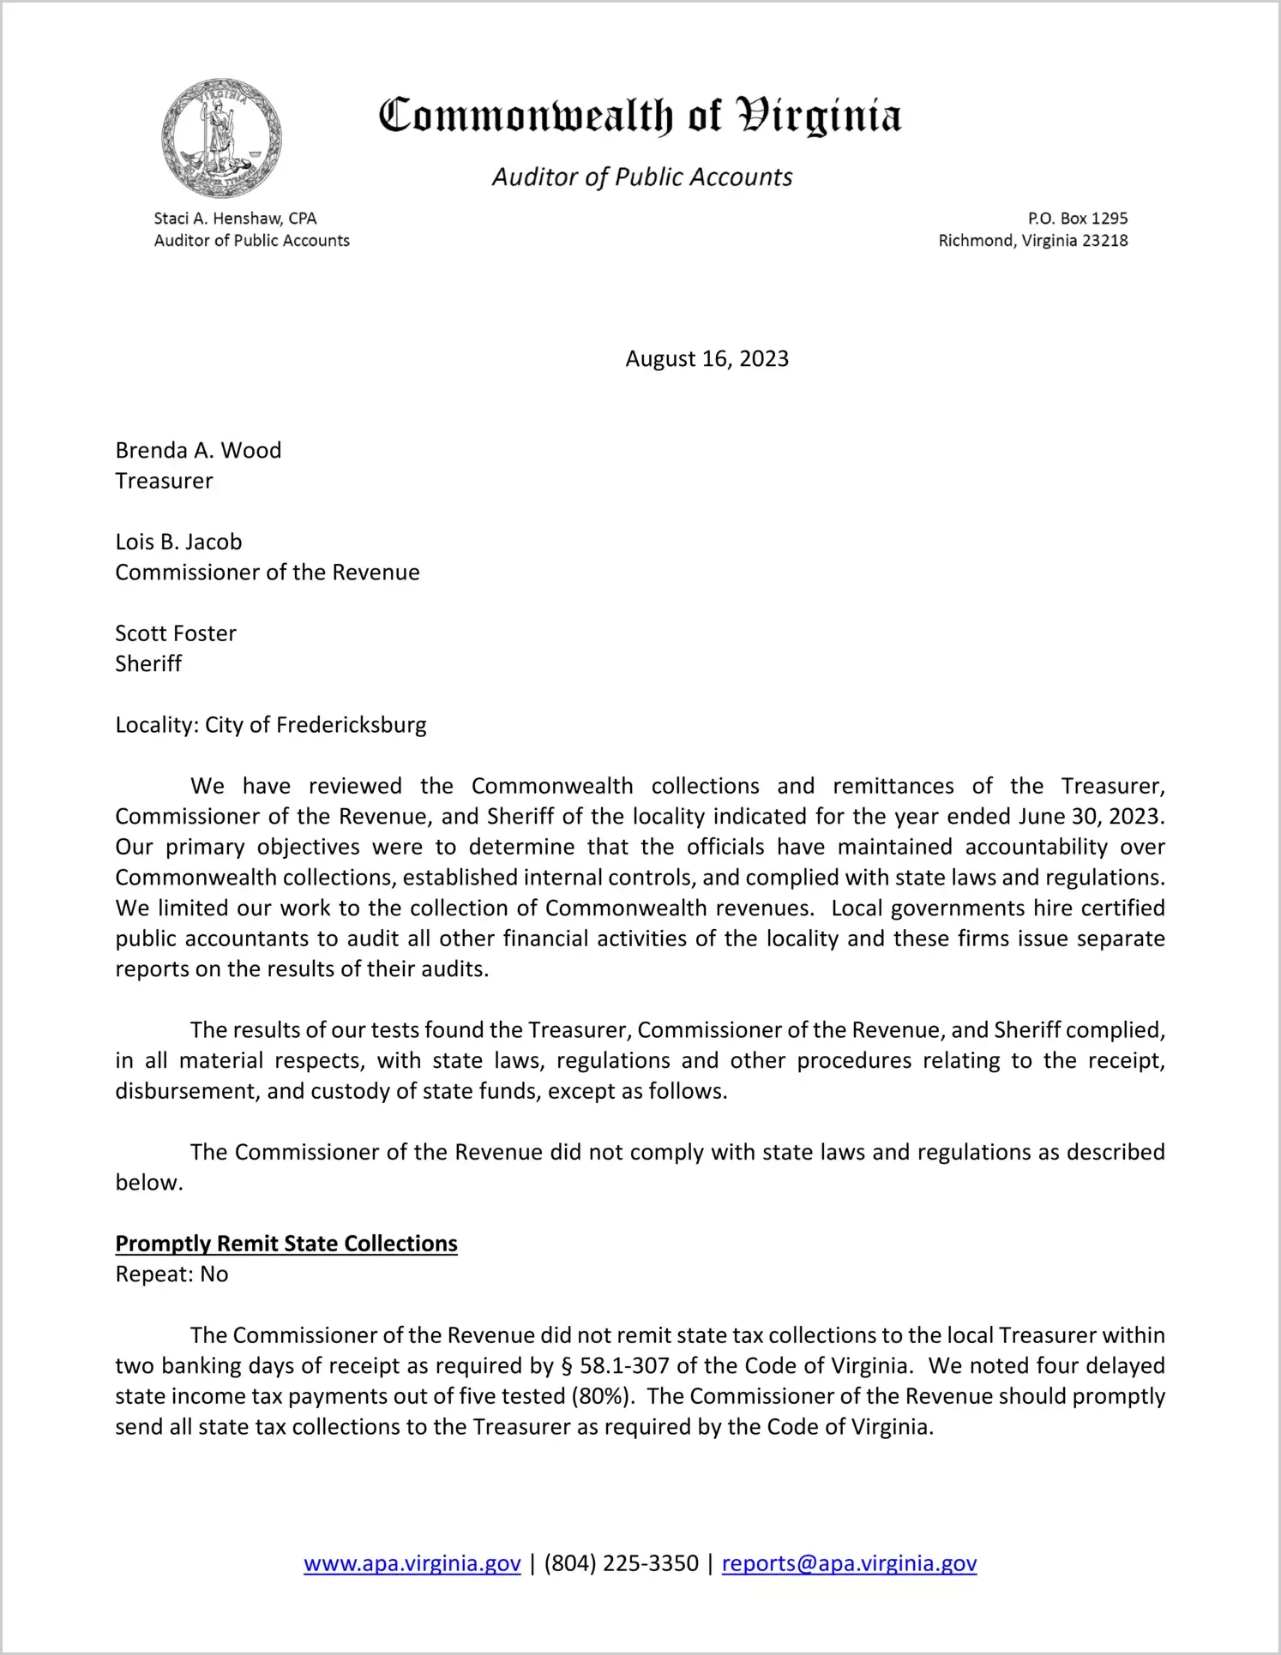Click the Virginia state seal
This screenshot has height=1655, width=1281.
coord(221,138)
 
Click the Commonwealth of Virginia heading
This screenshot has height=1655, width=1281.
coord(640,116)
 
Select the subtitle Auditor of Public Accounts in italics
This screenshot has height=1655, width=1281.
coord(641,177)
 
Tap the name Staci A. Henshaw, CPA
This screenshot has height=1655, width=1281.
coord(235,219)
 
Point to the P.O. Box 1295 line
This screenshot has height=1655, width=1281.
coord(1077,219)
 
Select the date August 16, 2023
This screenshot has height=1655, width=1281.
coord(707,358)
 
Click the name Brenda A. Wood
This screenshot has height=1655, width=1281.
coord(198,450)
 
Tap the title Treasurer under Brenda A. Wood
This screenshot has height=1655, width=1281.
coord(164,481)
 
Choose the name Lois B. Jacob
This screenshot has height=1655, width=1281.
coord(178,542)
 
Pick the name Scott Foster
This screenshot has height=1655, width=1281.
coord(176,633)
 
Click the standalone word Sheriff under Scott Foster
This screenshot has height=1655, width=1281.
coord(148,663)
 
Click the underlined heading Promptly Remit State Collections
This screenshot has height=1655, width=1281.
coord(286,1244)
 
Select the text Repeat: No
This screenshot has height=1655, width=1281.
coord(171,1274)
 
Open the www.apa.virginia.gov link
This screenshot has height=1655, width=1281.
coord(412,1563)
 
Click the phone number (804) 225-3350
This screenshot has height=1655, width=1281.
coord(621,1563)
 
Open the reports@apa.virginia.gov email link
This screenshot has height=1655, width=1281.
coord(849,1563)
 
